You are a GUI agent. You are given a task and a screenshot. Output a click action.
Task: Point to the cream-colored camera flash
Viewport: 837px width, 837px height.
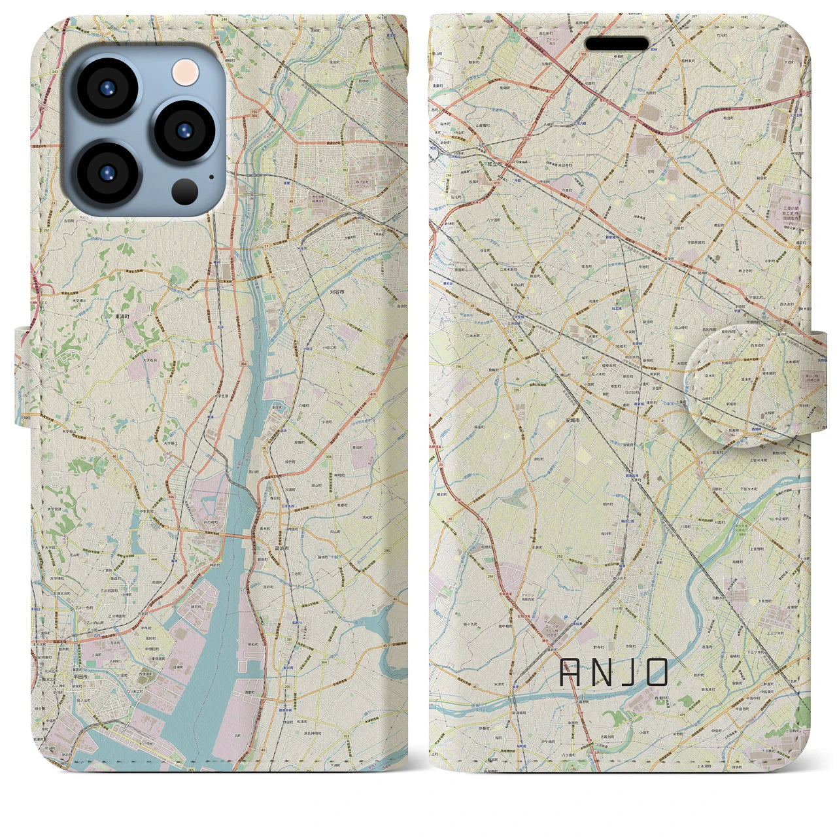point(186,71)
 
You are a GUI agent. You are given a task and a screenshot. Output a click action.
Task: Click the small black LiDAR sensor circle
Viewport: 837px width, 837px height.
point(185,190)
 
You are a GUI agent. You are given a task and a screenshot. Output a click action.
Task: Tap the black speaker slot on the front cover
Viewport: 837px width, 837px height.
point(616,44)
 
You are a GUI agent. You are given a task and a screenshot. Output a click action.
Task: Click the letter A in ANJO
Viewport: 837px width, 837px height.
point(573,672)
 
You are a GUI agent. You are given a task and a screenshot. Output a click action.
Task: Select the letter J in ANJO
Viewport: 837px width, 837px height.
point(626,672)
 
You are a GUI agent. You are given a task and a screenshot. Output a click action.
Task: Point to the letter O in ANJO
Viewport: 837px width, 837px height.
point(655,672)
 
